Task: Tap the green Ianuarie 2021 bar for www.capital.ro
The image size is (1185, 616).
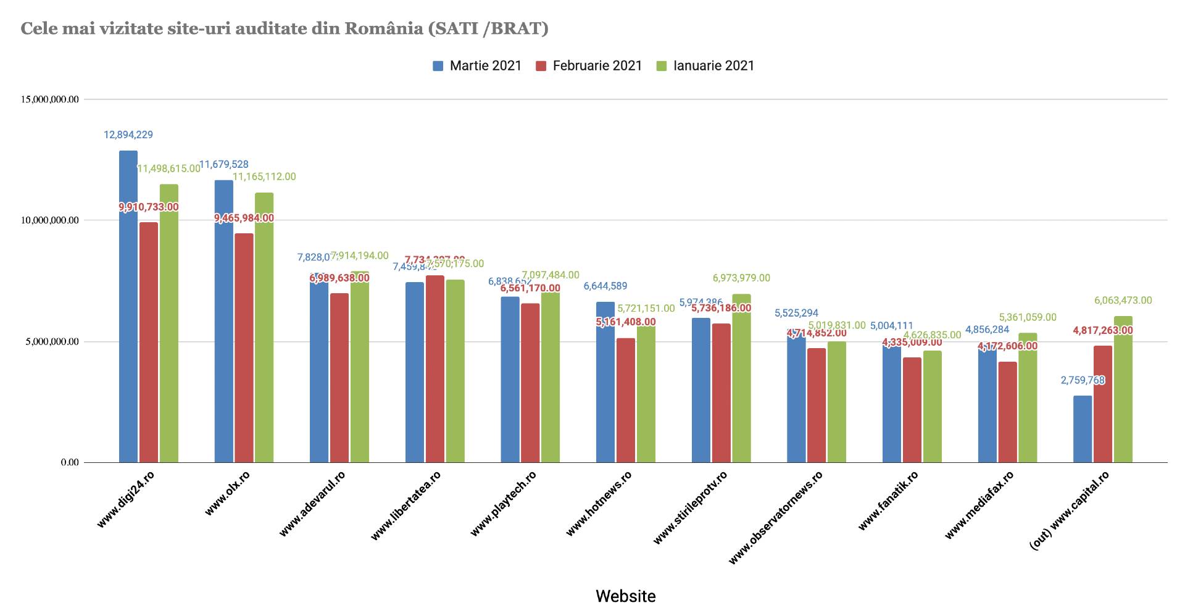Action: point(1123,389)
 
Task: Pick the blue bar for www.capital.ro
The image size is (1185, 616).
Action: point(1083,429)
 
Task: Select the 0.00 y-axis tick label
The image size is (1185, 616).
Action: point(70,462)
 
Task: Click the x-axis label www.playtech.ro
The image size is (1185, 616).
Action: point(504,503)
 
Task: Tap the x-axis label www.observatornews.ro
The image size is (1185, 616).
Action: point(776,517)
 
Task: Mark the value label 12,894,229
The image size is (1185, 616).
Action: point(128,135)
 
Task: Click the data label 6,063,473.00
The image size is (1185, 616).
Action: point(1123,301)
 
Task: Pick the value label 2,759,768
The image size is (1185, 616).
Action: point(1083,380)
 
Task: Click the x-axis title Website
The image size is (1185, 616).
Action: point(625,596)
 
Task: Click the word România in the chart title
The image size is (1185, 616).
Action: point(383,28)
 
